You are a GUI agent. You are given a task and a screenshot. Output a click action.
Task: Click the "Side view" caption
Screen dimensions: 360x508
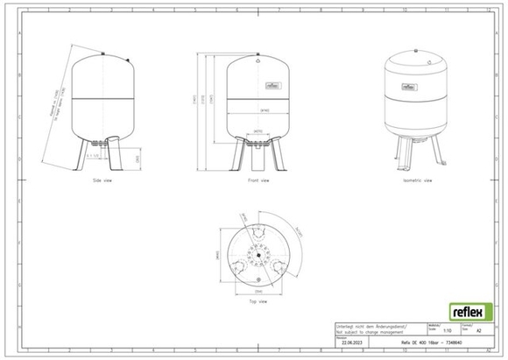pyautogui.click(x=102, y=180)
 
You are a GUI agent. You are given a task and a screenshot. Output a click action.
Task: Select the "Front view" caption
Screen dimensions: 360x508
pyautogui.click(x=258, y=180)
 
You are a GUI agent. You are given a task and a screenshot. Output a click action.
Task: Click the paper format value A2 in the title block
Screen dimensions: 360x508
pyautogui.click(x=476, y=331)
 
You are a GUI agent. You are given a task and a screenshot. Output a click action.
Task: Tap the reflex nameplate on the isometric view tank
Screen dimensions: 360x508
pyautogui.click(x=409, y=88)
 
